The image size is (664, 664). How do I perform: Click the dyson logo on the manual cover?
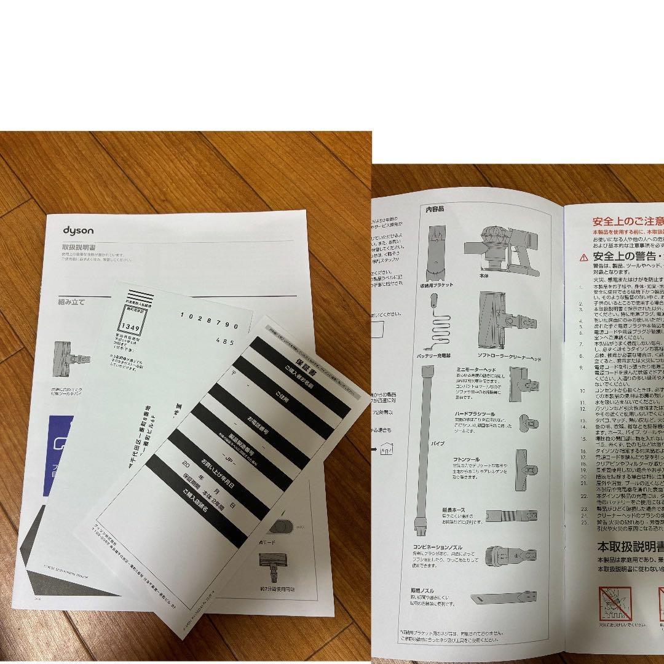(78, 231)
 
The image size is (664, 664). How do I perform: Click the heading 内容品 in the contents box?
(435, 209)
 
